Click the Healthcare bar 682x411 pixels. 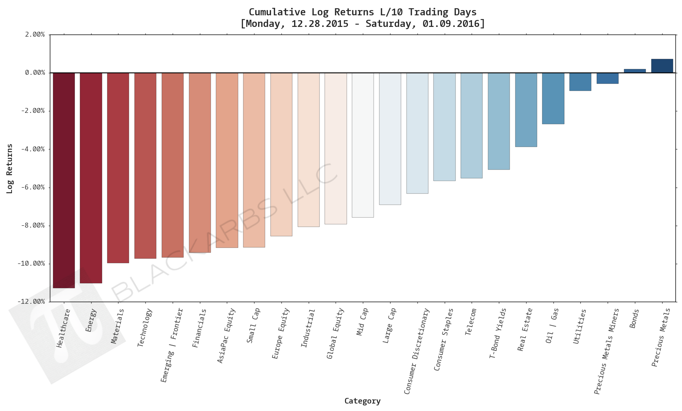pyautogui.click(x=64, y=179)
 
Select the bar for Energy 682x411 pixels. pyautogui.click(x=91, y=177)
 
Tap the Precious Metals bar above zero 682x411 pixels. pyautogui.click(x=662, y=66)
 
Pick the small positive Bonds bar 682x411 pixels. pyautogui.click(x=635, y=71)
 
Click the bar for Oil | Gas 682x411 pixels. pyautogui.click(x=553, y=98)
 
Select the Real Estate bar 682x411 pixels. pyautogui.click(x=526, y=109)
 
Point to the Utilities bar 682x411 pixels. pyautogui.click(x=580, y=81)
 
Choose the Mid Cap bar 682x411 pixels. pyautogui.click(x=362, y=145)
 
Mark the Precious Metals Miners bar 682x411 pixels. pyautogui.click(x=608, y=78)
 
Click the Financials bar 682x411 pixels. pyautogui.click(x=200, y=163)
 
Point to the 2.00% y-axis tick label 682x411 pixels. pyautogui.click(x=35, y=34)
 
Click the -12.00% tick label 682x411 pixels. pyautogui.click(x=31, y=302)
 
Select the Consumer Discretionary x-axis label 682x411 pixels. pyautogui.click(x=417, y=351)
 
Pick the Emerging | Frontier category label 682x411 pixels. pyautogui.click(x=172, y=345)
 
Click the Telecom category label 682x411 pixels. pyautogui.click(x=471, y=322)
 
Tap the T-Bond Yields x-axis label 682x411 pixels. pyautogui.click(x=498, y=333)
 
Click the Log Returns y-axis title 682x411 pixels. pyautogui.click(x=10, y=169)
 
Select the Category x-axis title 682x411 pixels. pyautogui.click(x=362, y=401)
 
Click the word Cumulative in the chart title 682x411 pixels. pyautogui.click(x=277, y=12)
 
